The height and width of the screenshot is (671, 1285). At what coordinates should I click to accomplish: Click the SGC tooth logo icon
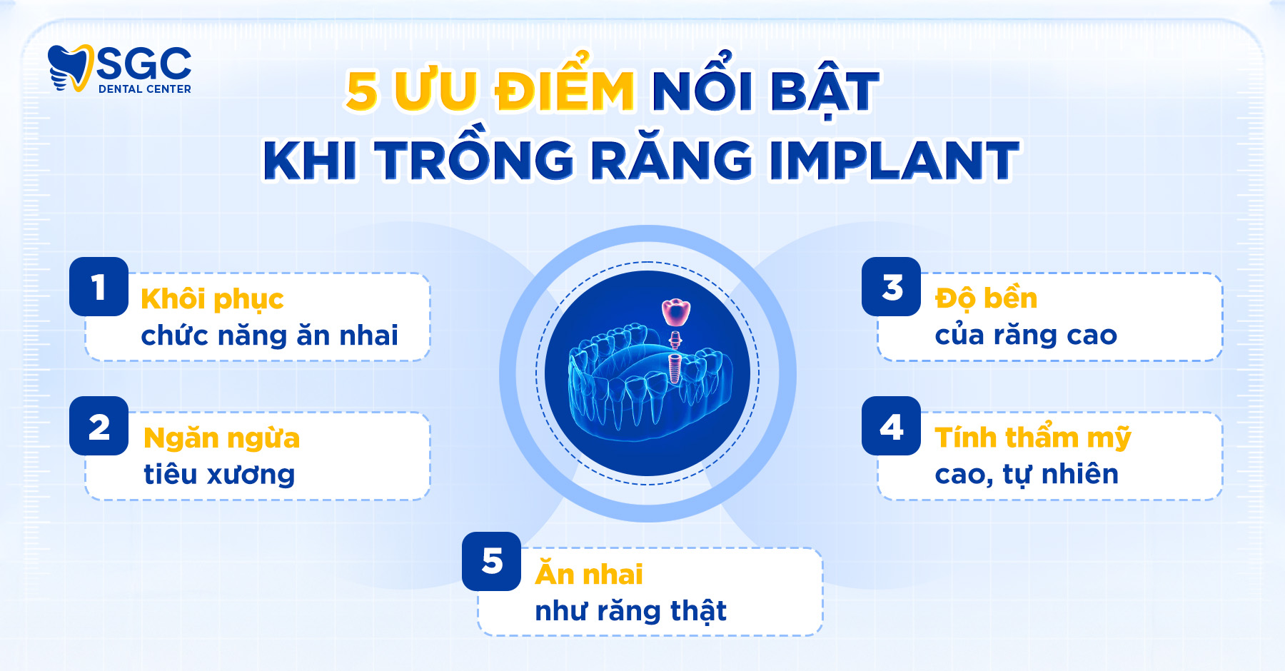pyautogui.click(x=70, y=68)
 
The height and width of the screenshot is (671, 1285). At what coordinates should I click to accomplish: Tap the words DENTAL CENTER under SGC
pyautogui.click(x=145, y=89)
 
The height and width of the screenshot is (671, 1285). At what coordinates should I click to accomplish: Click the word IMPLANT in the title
pyautogui.click(x=894, y=161)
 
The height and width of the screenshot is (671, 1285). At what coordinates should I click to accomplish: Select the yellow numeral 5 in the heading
pyautogui.click(x=362, y=91)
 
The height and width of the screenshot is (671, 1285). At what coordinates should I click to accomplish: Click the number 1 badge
pyautogui.click(x=99, y=287)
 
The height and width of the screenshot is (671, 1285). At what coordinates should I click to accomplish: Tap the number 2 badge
pyautogui.click(x=99, y=426)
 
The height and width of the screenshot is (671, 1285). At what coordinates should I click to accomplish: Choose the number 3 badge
pyautogui.click(x=891, y=287)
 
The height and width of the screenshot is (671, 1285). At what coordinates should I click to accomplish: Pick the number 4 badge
pyautogui.click(x=891, y=426)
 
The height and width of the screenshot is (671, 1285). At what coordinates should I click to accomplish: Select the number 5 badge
pyautogui.click(x=491, y=561)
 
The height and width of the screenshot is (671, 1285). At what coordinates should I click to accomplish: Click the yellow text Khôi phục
pyautogui.click(x=212, y=299)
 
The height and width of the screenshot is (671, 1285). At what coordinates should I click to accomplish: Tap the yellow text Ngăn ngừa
pyautogui.click(x=221, y=438)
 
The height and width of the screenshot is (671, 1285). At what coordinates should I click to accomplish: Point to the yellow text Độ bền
pyautogui.click(x=986, y=298)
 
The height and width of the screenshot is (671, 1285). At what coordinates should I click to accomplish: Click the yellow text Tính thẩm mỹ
pyautogui.click(x=1032, y=438)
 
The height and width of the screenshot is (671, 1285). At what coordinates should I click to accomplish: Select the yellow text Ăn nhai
pyautogui.click(x=589, y=574)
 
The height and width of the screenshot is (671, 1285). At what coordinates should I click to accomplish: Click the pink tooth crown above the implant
pyautogui.click(x=675, y=312)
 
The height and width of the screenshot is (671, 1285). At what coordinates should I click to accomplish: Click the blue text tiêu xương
pyautogui.click(x=219, y=475)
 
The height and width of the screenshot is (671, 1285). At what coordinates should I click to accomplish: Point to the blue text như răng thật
pyautogui.click(x=630, y=611)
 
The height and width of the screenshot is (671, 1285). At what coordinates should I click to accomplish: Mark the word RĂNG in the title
pyautogui.click(x=671, y=161)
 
